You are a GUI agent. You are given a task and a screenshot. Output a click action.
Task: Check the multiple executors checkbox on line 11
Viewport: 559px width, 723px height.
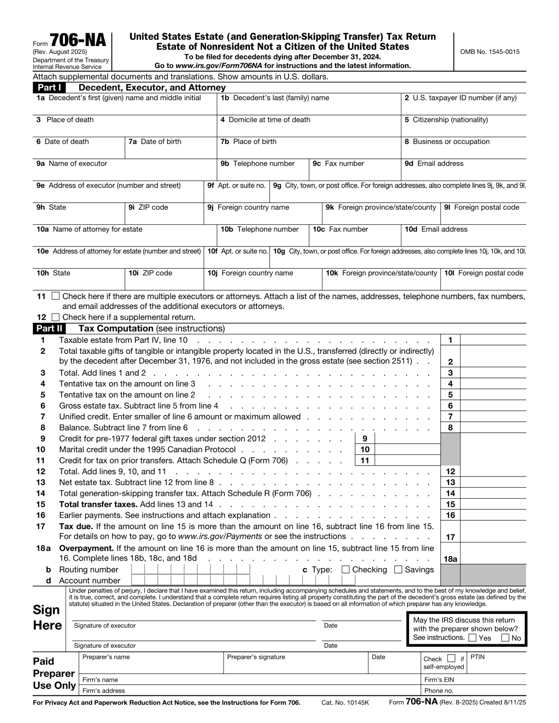pyautogui.click(x=55, y=296)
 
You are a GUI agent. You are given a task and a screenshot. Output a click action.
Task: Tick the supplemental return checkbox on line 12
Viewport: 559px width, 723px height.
pyautogui.click(x=55, y=317)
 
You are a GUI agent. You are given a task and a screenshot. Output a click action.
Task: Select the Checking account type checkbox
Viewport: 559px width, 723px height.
pyautogui.click(x=345, y=569)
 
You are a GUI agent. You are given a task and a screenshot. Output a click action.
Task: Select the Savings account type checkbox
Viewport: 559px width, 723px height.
pyautogui.click(x=398, y=569)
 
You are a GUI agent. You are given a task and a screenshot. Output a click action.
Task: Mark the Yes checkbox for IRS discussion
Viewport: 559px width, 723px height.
pyautogui.click(x=472, y=638)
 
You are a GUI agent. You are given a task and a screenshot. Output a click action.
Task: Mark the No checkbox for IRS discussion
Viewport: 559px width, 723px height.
pyautogui.click(x=506, y=638)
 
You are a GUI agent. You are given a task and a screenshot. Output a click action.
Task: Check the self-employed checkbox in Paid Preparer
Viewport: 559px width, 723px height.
pyautogui.click(x=451, y=658)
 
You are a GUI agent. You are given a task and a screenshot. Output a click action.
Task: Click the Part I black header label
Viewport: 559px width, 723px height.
pyautogui.click(x=49, y=88)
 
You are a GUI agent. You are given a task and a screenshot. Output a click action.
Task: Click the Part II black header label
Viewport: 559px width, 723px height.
pyautogui.click(x=49, y=328)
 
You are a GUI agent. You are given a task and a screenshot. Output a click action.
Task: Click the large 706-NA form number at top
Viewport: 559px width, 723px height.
pyautogui.click(x=78, y=40)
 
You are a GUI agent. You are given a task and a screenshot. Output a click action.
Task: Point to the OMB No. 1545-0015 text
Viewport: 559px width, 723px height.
pyautogui.click(x=490, y=52)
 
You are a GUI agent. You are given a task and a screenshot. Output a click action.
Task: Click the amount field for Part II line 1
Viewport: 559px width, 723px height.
pyautogui.click(x=493, y=340)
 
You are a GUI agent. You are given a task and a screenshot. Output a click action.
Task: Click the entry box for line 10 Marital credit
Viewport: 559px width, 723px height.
pyautogui.click(x=407, y=449)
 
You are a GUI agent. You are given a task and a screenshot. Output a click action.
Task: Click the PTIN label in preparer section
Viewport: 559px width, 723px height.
pyautogui.click(x=477, y=657)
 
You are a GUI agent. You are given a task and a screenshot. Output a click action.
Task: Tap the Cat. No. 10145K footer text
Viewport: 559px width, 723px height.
pyautogui.click(x=345, y=702)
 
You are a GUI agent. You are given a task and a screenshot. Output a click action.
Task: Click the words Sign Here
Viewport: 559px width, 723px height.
pyautogui.click(x=47, y=618)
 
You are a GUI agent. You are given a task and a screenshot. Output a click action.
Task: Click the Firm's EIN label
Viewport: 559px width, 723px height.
pyautogui.click(x=439, y=680)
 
